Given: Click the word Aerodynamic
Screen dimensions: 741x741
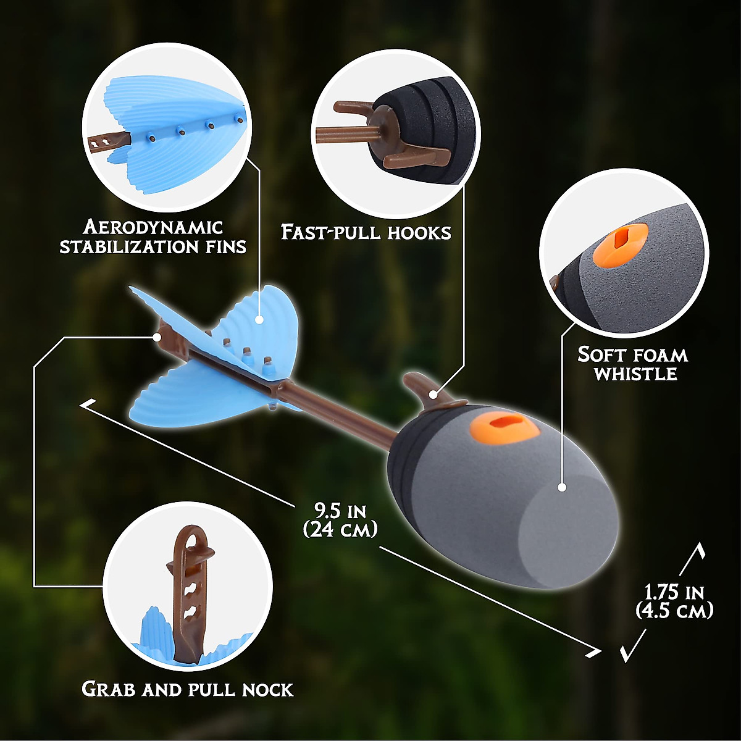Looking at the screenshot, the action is coord(153,227).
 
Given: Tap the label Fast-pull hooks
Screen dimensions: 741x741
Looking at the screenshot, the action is coord(366,232).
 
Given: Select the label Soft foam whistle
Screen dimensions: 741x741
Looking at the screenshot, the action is coord(633,364).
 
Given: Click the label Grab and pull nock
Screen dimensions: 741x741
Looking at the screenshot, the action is coord(187,689).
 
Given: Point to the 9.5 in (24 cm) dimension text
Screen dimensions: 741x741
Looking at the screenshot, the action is coord(340,520).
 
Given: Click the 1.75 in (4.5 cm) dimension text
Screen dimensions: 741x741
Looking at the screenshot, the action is coord(674,601).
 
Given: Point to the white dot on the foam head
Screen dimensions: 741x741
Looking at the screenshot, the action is coord(561,487).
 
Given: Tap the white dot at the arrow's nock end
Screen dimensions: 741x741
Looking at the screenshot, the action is coord(158,337).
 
